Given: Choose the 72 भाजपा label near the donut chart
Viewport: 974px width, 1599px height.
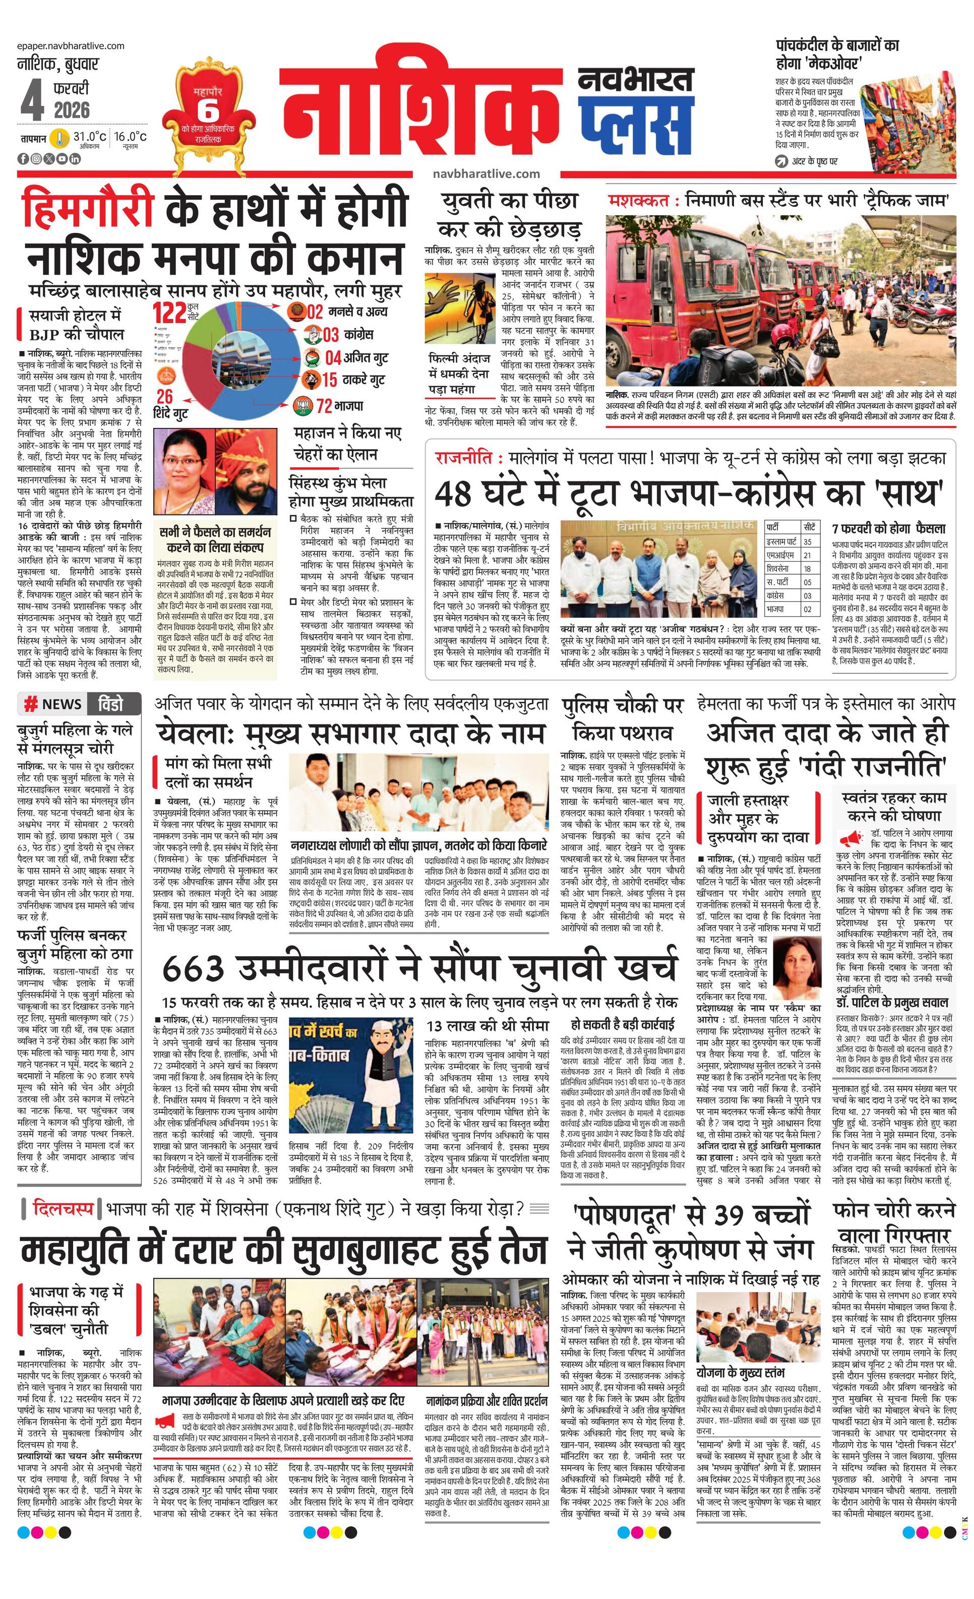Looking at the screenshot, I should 331,406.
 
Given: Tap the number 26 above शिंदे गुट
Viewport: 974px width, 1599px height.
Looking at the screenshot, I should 164,397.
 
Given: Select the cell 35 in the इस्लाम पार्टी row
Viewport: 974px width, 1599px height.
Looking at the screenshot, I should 808,541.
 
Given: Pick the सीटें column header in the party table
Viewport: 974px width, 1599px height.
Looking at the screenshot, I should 809,526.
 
